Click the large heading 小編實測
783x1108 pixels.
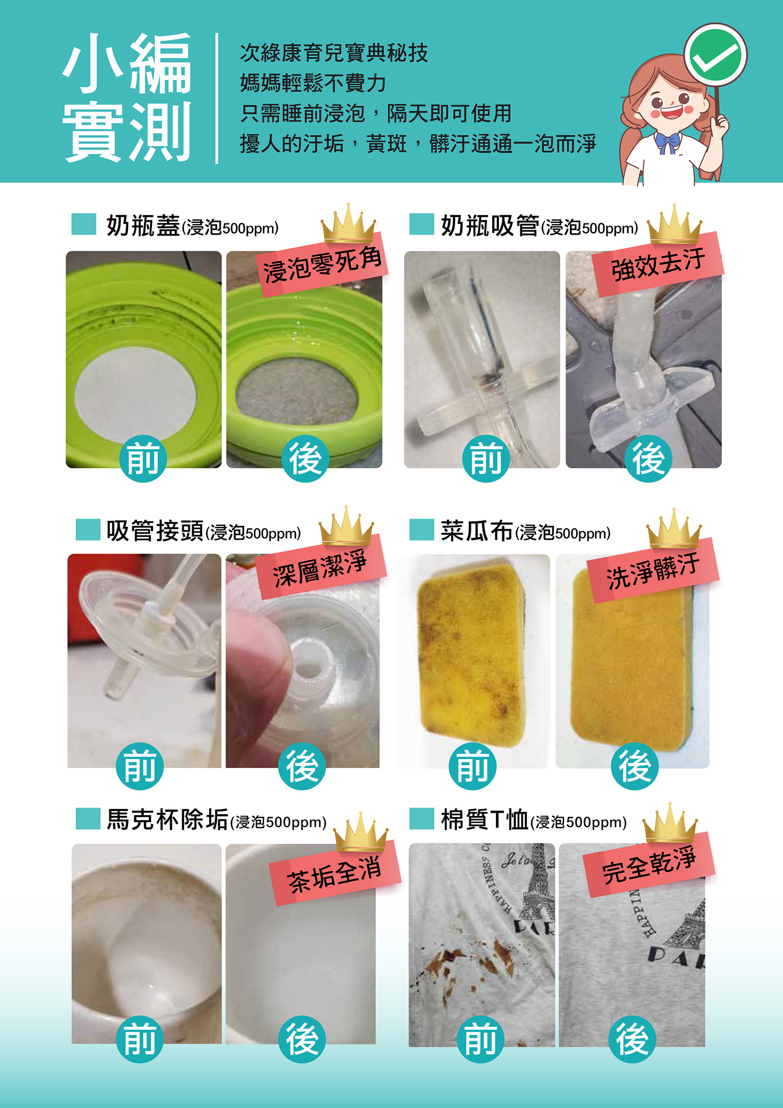[127, 98]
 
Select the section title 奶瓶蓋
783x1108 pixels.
[143, 226]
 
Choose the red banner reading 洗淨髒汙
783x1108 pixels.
[653, 570]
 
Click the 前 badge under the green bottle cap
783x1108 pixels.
[143, 458]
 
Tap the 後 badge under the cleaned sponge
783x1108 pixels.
[635, 766]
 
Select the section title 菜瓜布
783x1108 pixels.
[477, 531]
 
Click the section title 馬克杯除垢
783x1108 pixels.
[168, 819]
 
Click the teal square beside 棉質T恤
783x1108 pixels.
[422, 819]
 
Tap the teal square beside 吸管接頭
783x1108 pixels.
[88, 529]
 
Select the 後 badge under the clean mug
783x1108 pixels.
[302, 1039]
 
